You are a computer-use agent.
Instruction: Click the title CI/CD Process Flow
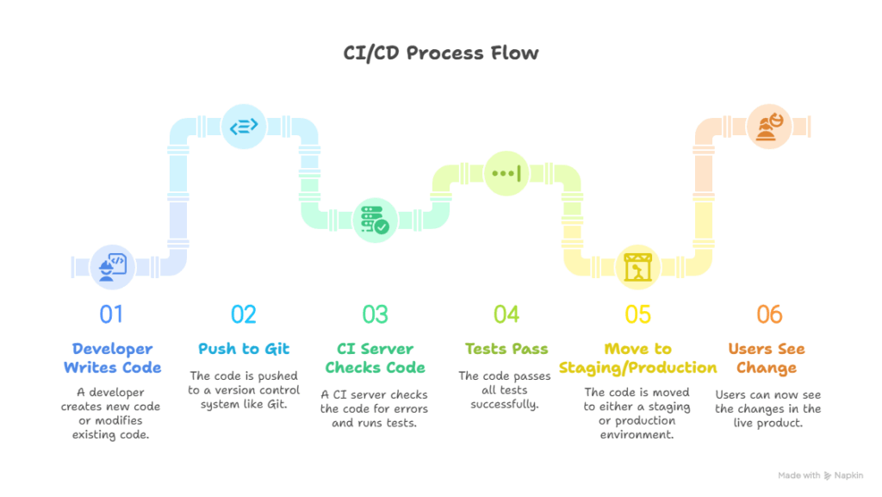click(441, 53)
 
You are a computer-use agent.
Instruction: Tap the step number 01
click(111, 314)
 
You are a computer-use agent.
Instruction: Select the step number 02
click(244, 314)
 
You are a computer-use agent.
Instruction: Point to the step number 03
click(375, 314)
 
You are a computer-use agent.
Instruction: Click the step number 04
click(506, 314)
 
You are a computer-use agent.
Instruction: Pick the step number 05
click(638, 314)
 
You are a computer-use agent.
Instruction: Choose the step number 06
click(769, 314)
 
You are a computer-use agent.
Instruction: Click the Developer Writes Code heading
click(112, 358)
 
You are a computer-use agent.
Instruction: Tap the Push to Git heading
click(244, 349)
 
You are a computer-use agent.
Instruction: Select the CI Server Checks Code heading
click(376, 358)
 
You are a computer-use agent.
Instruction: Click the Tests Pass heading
click(506, 349)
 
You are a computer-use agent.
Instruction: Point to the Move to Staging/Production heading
click(638, 358)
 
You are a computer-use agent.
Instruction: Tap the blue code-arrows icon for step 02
click(244, 126)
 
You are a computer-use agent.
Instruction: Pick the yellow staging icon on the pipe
click(638, 267)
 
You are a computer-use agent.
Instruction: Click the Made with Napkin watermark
click(820, 475)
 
